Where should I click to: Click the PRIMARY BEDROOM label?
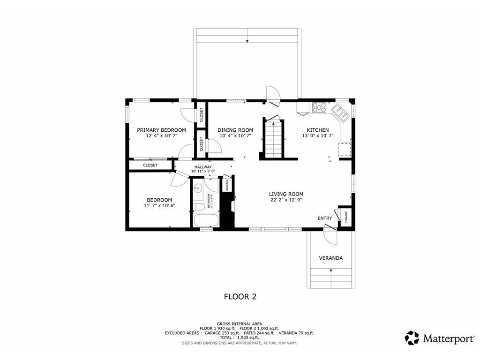[161, 130]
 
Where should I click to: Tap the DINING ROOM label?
[235, 130]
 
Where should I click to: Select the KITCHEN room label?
[317, 130]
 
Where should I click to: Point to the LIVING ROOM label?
[286, 194]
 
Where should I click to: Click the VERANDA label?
[330, 258]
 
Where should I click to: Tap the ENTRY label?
[325, 218]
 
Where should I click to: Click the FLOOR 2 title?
[240, 296]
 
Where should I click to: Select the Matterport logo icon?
[412, 337]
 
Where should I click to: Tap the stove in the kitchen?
[319, 107]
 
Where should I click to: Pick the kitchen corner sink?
[339, 112]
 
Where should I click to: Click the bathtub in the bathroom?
[206, 220]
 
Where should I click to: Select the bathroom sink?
[197, 189]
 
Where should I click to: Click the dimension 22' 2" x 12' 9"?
[286, 200]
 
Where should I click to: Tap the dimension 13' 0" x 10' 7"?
[317, 136]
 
